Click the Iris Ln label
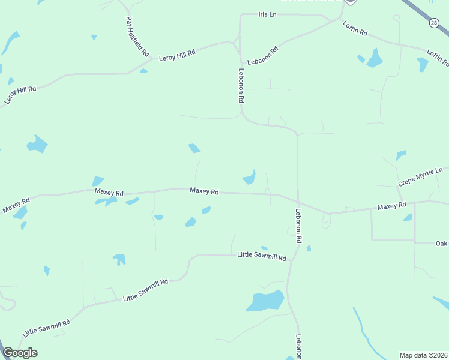click(267, 14)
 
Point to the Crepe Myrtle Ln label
click(420, 177)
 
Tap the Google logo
click(20, 353)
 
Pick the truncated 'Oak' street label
click(442, 244)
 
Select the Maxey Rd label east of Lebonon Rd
click(391, 206)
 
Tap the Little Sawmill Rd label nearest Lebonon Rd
click(262, 256)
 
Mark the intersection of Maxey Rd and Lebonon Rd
click(298, 203)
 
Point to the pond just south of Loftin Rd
click(375, 58)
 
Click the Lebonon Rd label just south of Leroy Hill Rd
click(241, 84)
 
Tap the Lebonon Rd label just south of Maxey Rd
click(298, 226)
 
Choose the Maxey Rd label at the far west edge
click(16, 206)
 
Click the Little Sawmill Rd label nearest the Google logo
click(47, 328)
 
